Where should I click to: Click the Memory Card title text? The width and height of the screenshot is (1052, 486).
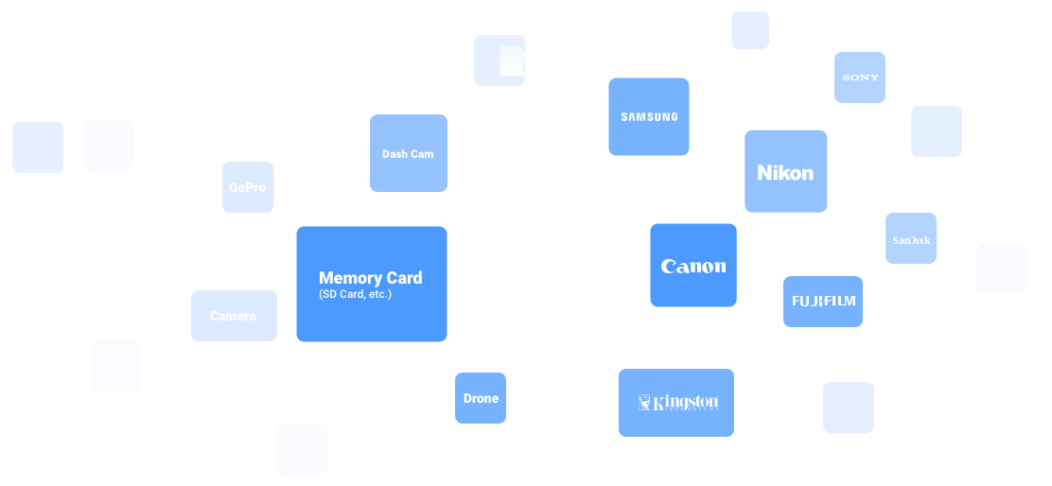370,278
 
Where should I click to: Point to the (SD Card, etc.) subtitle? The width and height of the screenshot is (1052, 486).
355,295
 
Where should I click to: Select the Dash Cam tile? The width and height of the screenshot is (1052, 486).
408,153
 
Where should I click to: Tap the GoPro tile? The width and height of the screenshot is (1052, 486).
247,187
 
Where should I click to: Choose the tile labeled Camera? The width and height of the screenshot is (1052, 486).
233,316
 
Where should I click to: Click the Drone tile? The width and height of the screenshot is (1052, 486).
481,398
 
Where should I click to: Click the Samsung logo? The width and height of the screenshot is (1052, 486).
649,117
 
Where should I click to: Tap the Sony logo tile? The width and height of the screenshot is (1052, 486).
860,78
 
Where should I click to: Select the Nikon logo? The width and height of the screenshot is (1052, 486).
785,172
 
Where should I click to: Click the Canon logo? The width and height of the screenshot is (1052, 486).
693,267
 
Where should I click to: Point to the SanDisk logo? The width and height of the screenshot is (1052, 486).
911,239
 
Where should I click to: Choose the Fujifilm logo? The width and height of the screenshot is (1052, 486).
823,302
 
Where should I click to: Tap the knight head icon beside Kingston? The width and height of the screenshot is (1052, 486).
645,404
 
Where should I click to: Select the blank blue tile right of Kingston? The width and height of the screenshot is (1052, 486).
848,408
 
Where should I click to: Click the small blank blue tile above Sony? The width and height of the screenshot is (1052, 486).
749,30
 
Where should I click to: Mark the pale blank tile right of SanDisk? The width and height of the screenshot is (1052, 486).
1001,268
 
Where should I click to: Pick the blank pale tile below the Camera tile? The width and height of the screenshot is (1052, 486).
115,367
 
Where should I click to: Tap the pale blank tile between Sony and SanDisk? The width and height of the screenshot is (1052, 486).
936,131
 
